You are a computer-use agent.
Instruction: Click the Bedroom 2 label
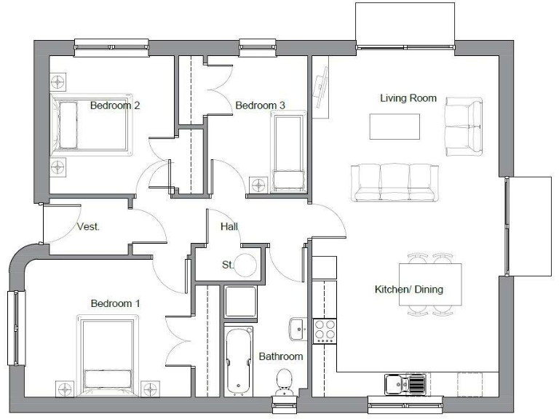click(x=115, y=105)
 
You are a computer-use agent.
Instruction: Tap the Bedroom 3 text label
click(x=260, y=106)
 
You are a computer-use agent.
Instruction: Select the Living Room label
click(x=408, y=98)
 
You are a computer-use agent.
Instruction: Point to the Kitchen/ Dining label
click(x=408, y=290)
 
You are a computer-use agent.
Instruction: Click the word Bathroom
click(x=281, y=357)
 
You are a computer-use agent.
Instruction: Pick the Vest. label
click(x=88, y=227)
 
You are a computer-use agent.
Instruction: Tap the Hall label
click(x=229, y=227)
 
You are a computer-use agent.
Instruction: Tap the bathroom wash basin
click(x=298, y=330)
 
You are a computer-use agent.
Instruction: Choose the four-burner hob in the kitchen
click(x=325, y=332)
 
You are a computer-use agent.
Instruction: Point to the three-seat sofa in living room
click(x=395, y=182)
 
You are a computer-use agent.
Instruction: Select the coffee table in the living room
click(x=395, y=127)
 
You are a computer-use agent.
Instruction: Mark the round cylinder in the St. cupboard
click(x=248, y=266)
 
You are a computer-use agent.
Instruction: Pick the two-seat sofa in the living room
click(x=464, y=126)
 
